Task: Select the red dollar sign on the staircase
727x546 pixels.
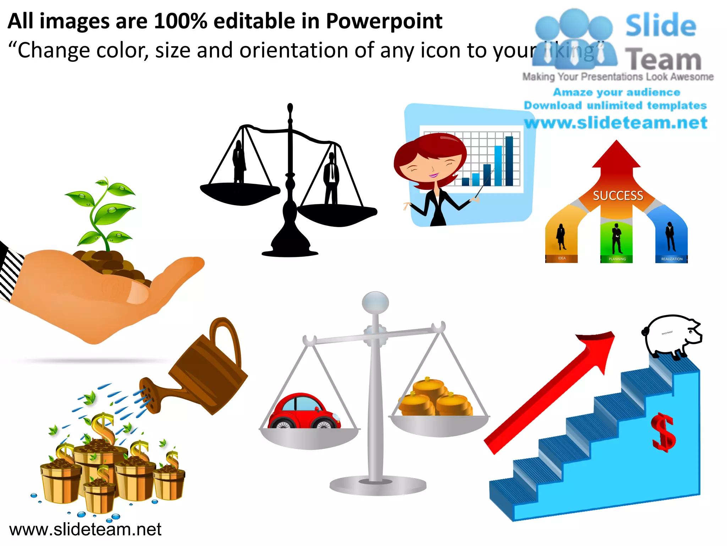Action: tap(663, 432)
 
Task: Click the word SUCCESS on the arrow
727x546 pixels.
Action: tap(618, 196)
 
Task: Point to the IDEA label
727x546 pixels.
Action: tap(562, 258)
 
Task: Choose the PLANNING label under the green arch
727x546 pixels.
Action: tap(617, 259)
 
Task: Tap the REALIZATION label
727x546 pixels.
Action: tap(672, 259)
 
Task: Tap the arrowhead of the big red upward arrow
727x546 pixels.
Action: tap(600, 347)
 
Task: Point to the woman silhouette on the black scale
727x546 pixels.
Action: tap(239, 162)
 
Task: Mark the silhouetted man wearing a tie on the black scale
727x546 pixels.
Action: tap(332, 178)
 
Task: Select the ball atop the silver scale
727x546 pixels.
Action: tap(375, 303)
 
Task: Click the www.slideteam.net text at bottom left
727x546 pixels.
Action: tap(85, 529)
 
